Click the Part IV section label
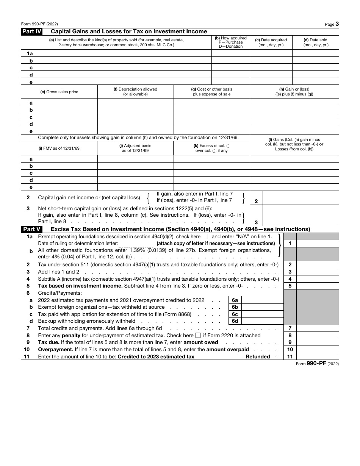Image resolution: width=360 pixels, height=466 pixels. click(31, 32)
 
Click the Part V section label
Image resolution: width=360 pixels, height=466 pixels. click(31, 229)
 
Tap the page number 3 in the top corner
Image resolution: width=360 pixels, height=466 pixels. click(337, 24)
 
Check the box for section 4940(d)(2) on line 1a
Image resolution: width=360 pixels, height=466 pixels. click(205, 236)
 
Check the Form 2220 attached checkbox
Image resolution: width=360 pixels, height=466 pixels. click(198, 335)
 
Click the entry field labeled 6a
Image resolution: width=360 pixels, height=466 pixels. click(262, 300)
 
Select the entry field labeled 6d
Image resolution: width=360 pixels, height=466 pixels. click(262, 321)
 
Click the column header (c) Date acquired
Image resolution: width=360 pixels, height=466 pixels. click(271, 42)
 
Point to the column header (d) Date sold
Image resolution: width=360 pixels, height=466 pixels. click(316, 42)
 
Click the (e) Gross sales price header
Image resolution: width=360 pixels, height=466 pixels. click(59, 92)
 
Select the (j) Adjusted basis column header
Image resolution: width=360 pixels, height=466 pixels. click(135, 148)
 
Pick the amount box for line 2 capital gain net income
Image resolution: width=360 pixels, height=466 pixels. click(301, 198)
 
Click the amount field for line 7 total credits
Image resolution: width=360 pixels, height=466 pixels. click(318, 328)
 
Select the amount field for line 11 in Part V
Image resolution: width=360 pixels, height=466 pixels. click(318, 357)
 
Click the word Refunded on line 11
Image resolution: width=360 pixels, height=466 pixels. click(258, 357)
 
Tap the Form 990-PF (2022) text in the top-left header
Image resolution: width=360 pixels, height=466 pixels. click(39, 23)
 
